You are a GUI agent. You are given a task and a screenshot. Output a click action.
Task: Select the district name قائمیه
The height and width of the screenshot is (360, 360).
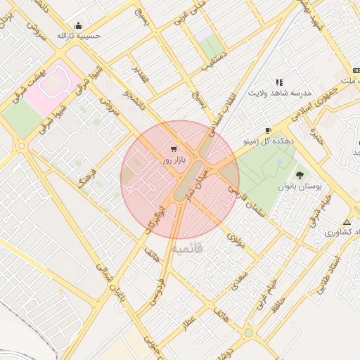click(x=186, y=248)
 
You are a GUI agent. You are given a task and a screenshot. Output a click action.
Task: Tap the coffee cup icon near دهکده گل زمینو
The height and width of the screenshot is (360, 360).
click(x=268, y=131)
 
